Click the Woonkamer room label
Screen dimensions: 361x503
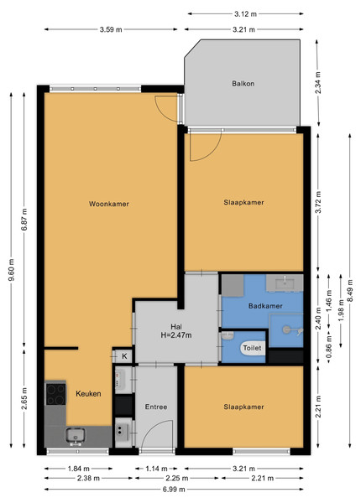coord(109,204)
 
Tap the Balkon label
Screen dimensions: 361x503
coord(243,83)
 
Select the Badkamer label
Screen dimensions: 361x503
coord(265,306)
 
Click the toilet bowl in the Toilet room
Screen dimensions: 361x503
coord(253,348)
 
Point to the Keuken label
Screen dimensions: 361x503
coord(88,394)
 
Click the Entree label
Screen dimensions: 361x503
coord(156,407)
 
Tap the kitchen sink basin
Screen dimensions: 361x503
coord(76,435)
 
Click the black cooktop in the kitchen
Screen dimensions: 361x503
coord(55,394)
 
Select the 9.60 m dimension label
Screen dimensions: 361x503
coord(11,270)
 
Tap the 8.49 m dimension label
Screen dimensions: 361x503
coord(350,290)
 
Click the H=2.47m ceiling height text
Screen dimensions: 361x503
coord(176,335)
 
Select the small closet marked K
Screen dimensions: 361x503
coord(124,356)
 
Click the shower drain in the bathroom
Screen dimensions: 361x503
coord(286,329)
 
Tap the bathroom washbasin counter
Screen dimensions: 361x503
coord(285,283)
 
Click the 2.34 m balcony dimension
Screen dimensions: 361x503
coord(318,82)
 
